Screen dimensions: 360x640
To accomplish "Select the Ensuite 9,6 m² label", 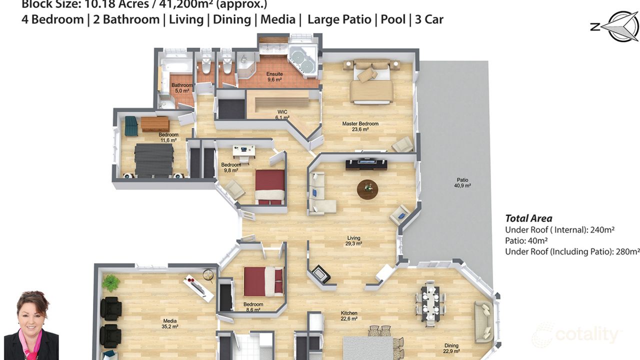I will (274, 76).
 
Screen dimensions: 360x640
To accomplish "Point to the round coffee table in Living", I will (368, 189).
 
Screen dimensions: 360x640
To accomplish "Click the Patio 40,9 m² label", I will (462, 182).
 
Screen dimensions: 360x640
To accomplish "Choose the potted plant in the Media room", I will (110, 283).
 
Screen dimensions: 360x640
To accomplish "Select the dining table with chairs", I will (430, 301).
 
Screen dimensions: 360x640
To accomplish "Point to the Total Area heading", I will (528, 218).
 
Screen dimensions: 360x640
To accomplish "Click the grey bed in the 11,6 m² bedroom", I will (154, 159).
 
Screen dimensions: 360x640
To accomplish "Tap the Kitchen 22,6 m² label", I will (348, 315).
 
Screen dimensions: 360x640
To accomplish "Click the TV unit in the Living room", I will (366, 163).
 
